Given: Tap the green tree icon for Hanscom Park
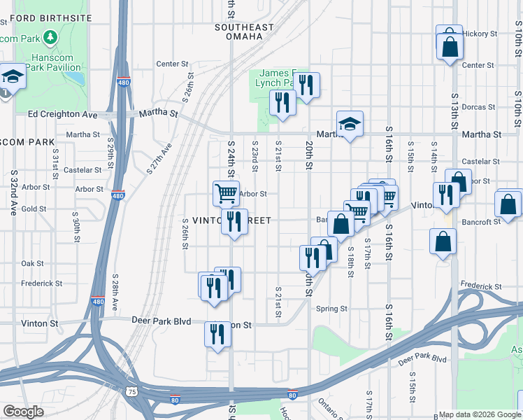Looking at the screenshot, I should click(50, 36).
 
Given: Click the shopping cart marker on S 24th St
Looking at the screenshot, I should click(225, 192).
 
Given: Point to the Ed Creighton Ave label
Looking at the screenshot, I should click(62, 113).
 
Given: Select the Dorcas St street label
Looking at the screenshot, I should click(480, 107).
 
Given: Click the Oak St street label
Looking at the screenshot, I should click(32, 263).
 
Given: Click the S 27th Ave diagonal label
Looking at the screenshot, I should click(159, 159).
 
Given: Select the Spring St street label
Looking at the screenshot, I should click(332, 309).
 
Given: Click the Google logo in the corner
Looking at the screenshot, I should click(23, 412).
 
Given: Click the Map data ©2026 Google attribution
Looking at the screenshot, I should click(479, 414).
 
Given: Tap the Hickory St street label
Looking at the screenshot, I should click(480, 33).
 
